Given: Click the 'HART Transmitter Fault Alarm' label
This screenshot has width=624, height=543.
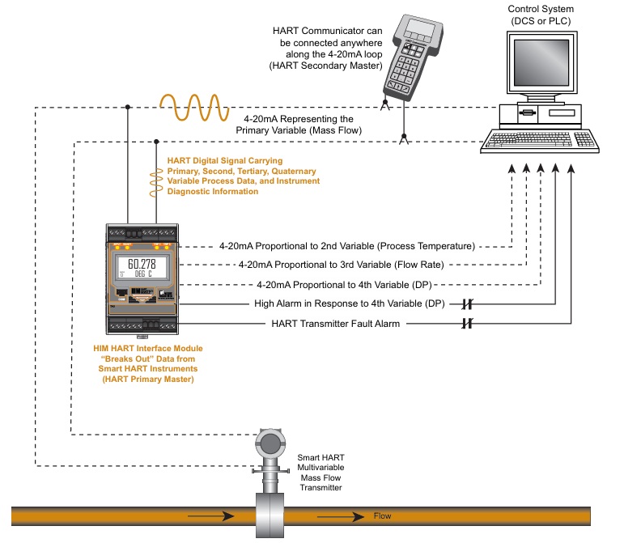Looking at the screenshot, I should point(337,324).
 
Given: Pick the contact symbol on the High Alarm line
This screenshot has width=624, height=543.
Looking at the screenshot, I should point(468,303).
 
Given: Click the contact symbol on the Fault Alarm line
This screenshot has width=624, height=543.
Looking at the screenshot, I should point(468,324).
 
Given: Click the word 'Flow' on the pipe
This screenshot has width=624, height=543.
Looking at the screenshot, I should point(382,515).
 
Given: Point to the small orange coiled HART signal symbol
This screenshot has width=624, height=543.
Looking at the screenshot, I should point(155,183).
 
